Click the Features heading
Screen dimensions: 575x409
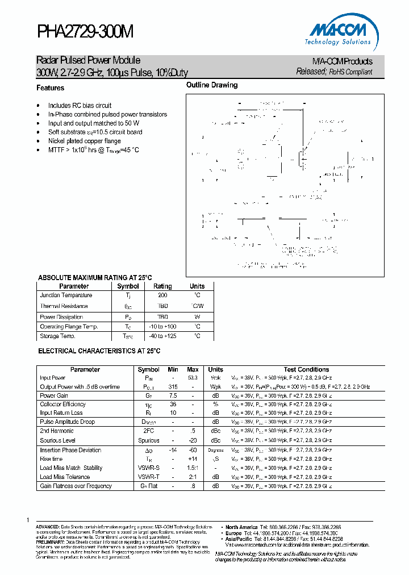pyautogui.click(x=51, y=88)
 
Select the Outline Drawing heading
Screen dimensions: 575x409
pyautogui.click(x=212, y=85)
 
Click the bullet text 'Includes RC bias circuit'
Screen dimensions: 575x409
pyautogui.click(x=80, y=106)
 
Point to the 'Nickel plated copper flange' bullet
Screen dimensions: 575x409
pyautogui.click(x=85, y=141)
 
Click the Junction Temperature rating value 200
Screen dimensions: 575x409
pyautogui.click(x=162, y=295)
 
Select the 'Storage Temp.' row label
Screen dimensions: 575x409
pyautogui.click(x=57, y=336)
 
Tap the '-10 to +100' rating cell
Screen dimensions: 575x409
pyautogui.click(x=162, y=327)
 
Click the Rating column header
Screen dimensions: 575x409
pyautogui.click(x=162, y=286)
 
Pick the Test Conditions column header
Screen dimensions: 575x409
pyautogui.click(x=307, y=369)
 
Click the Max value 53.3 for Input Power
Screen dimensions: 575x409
pyautogui.click(x=193, y=378)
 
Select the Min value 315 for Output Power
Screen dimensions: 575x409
pyautogui.click(x=173, y=387)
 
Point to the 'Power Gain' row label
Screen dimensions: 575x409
pyautogui.click(x=54, y=395)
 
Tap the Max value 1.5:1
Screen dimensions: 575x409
pyautogui.click(x=193, y=468)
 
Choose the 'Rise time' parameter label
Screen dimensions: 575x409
pyautogui.click(x=52, y=459)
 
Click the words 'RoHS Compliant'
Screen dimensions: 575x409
pyautogui.click(x=350, y=72)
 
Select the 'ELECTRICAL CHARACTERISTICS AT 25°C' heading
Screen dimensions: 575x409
pyautogui.click(x=99, y=352)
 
